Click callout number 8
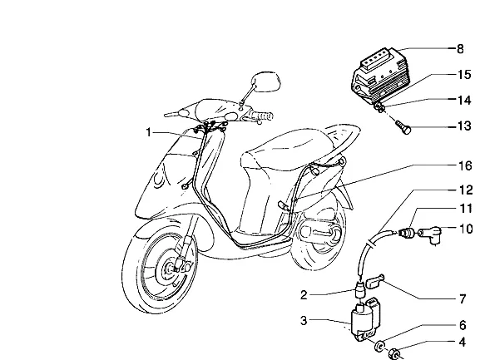click(460, 49)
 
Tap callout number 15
click(464, 74)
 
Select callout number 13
click(464, 126)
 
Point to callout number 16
click(465, 165)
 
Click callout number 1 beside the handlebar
click(148, 132)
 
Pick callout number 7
click(463, 298)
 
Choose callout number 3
click(304, 321)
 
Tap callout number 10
click(466, 229)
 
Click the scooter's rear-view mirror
click(265, 81)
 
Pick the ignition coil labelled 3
click(365, 318)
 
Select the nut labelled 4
click(394, 355)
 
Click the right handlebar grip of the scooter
click(262, 116)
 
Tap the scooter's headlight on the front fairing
click(159, 180)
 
